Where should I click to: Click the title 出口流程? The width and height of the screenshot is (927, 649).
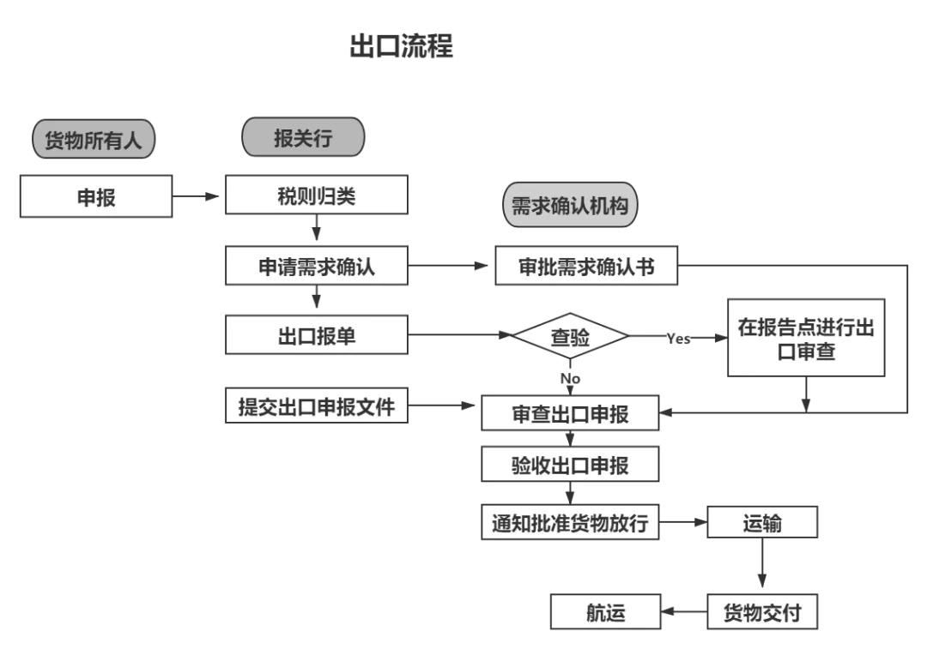[x=401, y=47]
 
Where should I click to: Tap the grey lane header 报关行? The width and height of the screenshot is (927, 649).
[x=303, y=138]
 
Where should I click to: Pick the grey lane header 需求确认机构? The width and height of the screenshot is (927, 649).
[x=570, y=205]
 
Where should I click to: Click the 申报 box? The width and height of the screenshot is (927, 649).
[x=96, y=197]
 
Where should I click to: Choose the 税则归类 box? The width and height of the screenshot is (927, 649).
[x=315, y=195]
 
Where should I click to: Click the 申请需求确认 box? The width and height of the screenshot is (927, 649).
[x=315, y=267]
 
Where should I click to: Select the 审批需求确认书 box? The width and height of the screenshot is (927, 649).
[x=587, y=267]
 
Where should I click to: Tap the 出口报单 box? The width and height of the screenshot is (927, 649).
[x=315, y=335]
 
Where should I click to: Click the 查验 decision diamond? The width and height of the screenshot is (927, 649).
[x=570, y=337]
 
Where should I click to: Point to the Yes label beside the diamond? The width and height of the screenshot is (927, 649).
[x=678, y=339]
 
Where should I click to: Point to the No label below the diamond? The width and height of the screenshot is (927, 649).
[x=570, y=378]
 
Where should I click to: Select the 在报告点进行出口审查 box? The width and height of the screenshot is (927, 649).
[x=806, y=338]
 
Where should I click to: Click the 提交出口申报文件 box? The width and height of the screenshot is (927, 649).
[x=317, y=406]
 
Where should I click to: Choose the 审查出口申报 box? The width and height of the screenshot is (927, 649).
[x=570, y=414]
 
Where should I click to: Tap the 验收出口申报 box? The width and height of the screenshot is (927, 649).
[x=570, y=466]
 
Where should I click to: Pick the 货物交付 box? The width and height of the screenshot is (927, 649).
[x=762, y=613]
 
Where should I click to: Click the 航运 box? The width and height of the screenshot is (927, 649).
[x=606, y=613]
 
